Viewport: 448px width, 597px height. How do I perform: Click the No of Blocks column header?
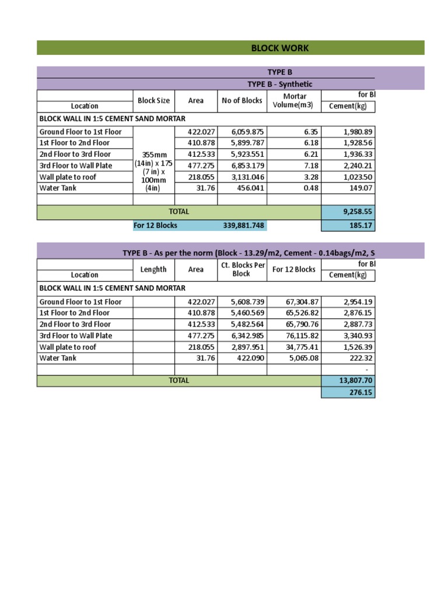242,101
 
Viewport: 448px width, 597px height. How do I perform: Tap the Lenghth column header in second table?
154,269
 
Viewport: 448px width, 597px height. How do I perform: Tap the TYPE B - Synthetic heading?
280,84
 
